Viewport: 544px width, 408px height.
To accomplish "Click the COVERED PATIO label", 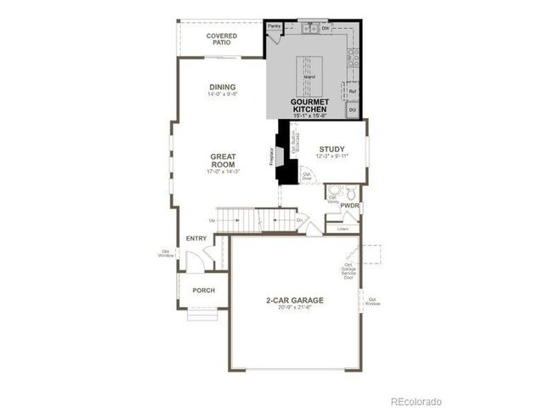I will click(x=222, y=39).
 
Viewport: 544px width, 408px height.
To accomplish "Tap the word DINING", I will click(x=222, y=87).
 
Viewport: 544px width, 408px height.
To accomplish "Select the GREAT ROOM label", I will click(x=223, y=161).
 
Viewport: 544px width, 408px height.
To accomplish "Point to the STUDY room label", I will click(x=331, y=149).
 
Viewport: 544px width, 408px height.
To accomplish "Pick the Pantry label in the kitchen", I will click(x=275, y=26).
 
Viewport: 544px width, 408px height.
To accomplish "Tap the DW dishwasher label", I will click(x=326, y=29).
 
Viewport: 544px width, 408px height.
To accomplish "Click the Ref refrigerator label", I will click(x=352, y=90).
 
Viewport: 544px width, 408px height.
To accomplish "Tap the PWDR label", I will click(x=349, y=206).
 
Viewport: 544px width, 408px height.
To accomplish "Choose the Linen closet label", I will click(x=343, y=229).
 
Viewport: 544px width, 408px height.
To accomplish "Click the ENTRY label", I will click(x=196, y=238).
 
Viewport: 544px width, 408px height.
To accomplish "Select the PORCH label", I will click(x=203, y=290).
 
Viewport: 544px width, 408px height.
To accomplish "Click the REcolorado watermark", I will click(x=416, y=400).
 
